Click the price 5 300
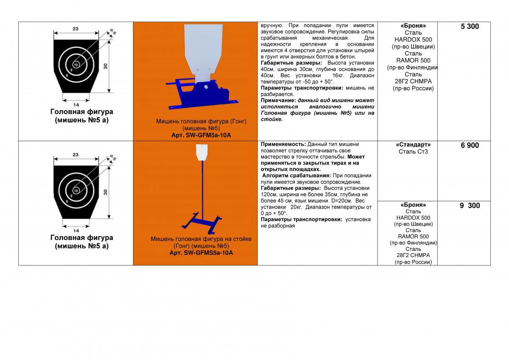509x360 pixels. click(470, 26)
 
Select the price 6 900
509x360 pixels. click(470, 145)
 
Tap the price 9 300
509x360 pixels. click(470, 206)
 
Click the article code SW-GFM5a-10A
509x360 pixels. click(201, 135)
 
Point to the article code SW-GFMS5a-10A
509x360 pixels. click(201, 253)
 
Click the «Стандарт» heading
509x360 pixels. click(413, 145)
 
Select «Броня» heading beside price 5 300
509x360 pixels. click(413, 26)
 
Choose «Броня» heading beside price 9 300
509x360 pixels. click(413, 205)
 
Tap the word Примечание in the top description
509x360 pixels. click(277, 100)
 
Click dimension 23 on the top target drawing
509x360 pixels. click(75, 29)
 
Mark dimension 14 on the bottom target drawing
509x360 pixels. click(76, 230)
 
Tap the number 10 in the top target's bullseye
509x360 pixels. click(76, 64)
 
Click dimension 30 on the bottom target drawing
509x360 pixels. click(105, 192)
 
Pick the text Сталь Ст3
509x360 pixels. click(413, 152)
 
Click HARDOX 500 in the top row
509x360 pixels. click(413, 40)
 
